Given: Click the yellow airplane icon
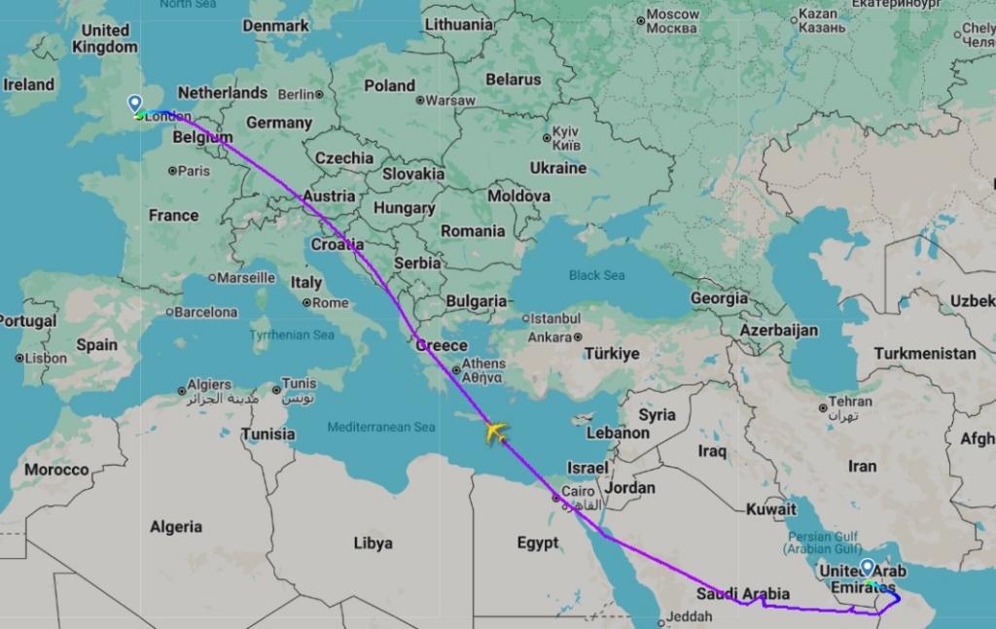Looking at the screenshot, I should tap(496, 431).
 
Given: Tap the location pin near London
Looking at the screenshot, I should tap(135, 104).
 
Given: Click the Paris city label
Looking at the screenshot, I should tap(194, 171).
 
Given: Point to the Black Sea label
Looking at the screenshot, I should tap(596, 275).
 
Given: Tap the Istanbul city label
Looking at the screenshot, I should tap(554, 318).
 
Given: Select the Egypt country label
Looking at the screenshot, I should tap(537, 542).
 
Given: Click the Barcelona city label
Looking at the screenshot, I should tap(205, 313).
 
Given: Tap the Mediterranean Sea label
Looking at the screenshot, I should tap(381, 427).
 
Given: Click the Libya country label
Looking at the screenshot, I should tap(373, 542).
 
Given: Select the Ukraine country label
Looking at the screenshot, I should tap(558, 167).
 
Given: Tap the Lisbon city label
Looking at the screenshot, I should tap(46, 358).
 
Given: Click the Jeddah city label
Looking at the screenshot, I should tap(692, 616).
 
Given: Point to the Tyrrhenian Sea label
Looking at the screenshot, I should tap(293, 334).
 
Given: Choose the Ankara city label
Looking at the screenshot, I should tap(549, 337).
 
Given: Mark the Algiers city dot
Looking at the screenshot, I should tap(182, 391).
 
